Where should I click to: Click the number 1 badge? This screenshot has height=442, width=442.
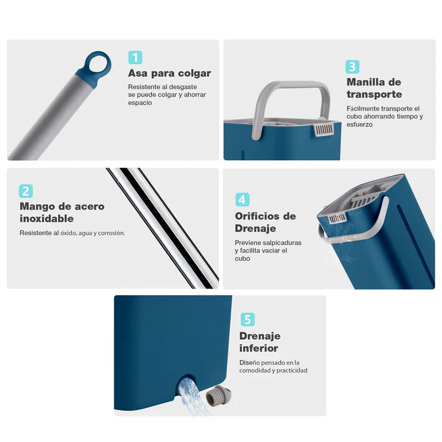pyautogui.click(x=135, y=57)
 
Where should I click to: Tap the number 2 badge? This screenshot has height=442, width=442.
pyautogui.click(x=26, y=191)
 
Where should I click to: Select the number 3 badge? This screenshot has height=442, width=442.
pyautogui.click(x=353, y=67)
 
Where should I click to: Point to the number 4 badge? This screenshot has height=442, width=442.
pyautogui.click(x=242, y=199)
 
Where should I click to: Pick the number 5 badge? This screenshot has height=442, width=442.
pyautogui.click(x=248, y=319)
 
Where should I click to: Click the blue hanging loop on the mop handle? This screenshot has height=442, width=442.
pyautogui.click(x=98, y=65)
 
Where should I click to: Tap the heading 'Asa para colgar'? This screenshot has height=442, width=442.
pyautogui.click(x=169, y=73)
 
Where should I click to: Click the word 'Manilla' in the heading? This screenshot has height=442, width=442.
pyautogui.click(x=366, y=82)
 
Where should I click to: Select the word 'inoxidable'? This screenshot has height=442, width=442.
pyautogui.click(x=47, y=219)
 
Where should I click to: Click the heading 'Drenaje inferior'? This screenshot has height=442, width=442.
pyautogui.click(x=259, y=342)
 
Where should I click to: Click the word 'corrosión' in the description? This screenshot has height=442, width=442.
pyautogui.click(x=110, y=233)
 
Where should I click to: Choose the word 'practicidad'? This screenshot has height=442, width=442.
pyautogui.click(x=290, y=370)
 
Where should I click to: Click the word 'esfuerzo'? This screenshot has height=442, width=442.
pyautogui.click(x=360, y=124)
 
